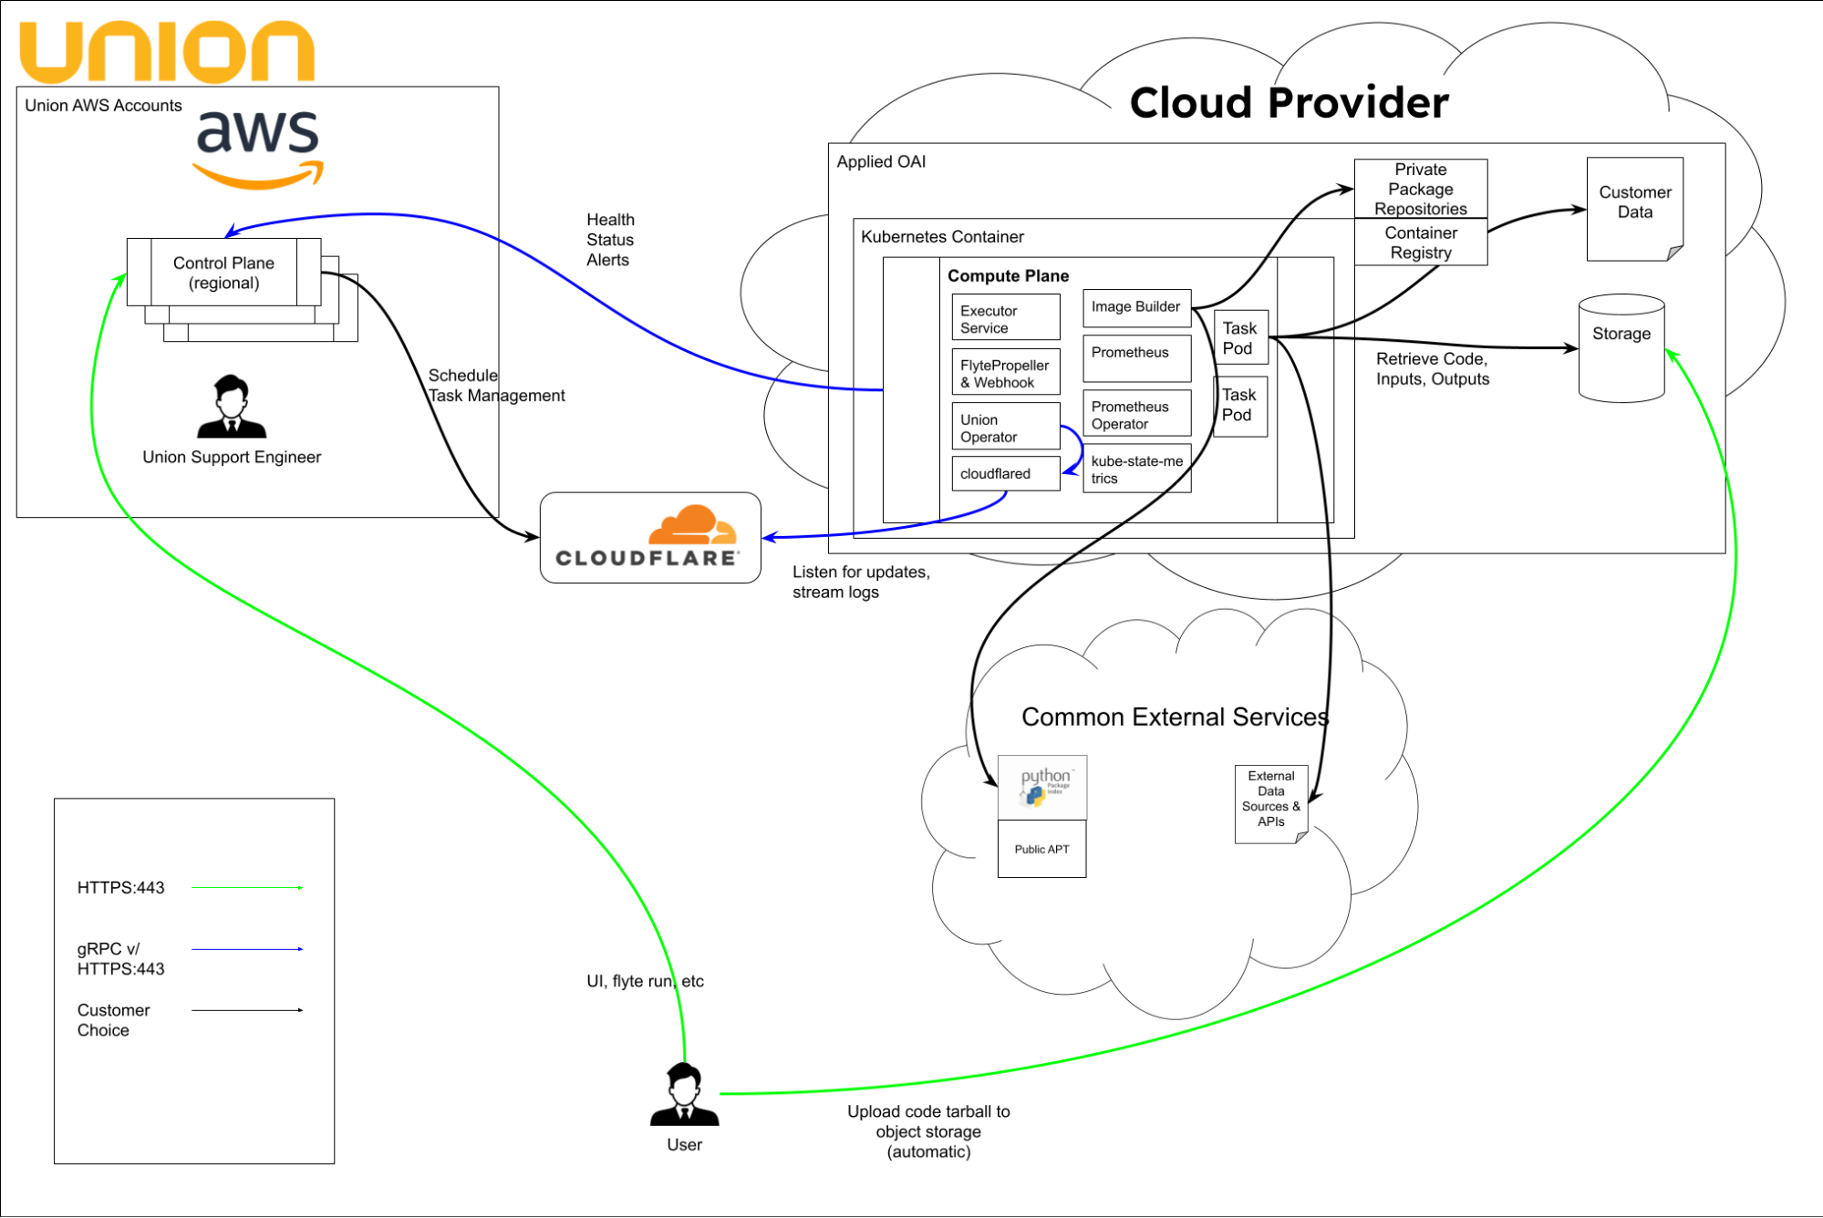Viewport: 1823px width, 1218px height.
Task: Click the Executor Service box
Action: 1005,317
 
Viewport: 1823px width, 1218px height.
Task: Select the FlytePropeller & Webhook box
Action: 1005,372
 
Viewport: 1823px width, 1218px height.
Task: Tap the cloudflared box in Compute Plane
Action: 1005,473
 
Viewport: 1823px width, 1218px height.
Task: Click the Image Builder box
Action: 1136,307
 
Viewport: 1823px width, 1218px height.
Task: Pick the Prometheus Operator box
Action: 1136,414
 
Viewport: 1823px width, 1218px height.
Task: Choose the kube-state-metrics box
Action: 1136,469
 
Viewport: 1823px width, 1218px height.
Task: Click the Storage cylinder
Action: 1621,348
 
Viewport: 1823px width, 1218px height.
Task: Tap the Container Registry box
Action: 1420,243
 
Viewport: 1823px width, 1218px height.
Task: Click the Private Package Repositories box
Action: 1420,189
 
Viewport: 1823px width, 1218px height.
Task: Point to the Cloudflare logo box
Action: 649,538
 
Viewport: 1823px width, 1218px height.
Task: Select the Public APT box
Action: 1041,849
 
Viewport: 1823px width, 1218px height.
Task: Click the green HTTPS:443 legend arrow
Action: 247,887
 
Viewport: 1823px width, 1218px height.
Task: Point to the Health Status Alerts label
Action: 609,240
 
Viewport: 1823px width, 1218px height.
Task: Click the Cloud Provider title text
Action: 1288,102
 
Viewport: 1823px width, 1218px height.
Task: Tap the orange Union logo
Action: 167,52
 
